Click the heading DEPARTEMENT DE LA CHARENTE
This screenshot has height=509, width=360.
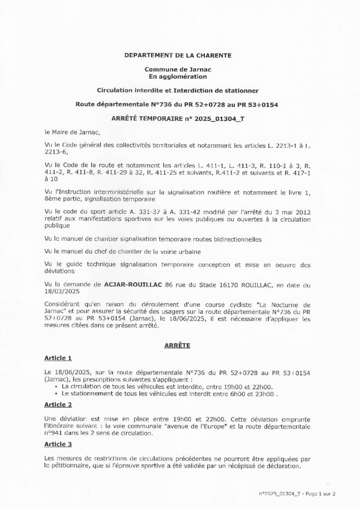coord(179,57)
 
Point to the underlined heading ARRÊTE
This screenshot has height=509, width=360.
coord(179,344)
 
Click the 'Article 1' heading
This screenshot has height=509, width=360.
coord(58,358)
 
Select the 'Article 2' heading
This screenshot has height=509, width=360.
coord(58,405)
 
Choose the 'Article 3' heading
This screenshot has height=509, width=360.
coord(58,442)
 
